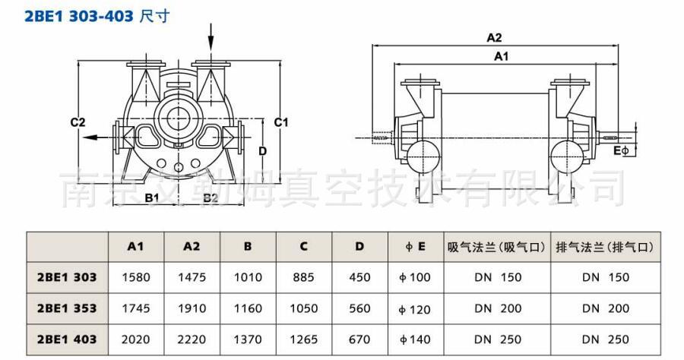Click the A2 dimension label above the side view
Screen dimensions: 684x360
coord(494,38)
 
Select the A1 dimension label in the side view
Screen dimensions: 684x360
coord(502,56)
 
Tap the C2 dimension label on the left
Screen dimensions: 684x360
coord(78,122)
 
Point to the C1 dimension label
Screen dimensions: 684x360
coord(281,122)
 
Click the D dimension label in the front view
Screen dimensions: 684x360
coord(262,151)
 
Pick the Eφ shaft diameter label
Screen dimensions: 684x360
coord(621,151)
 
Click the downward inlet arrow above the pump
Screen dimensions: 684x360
coord(211,37)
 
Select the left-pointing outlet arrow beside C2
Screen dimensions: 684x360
coord(98,137)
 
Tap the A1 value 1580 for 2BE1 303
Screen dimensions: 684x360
coord(136,277)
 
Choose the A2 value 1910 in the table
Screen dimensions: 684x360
coord(192,308)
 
